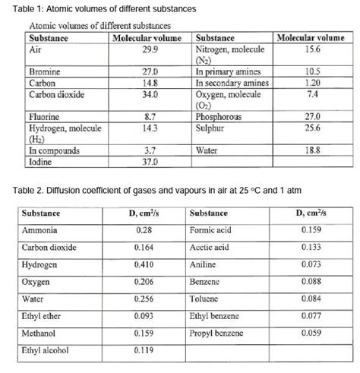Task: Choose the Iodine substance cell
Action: click(41, 162)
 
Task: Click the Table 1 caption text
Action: click(99, 9)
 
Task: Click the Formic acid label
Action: click(212, 229)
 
